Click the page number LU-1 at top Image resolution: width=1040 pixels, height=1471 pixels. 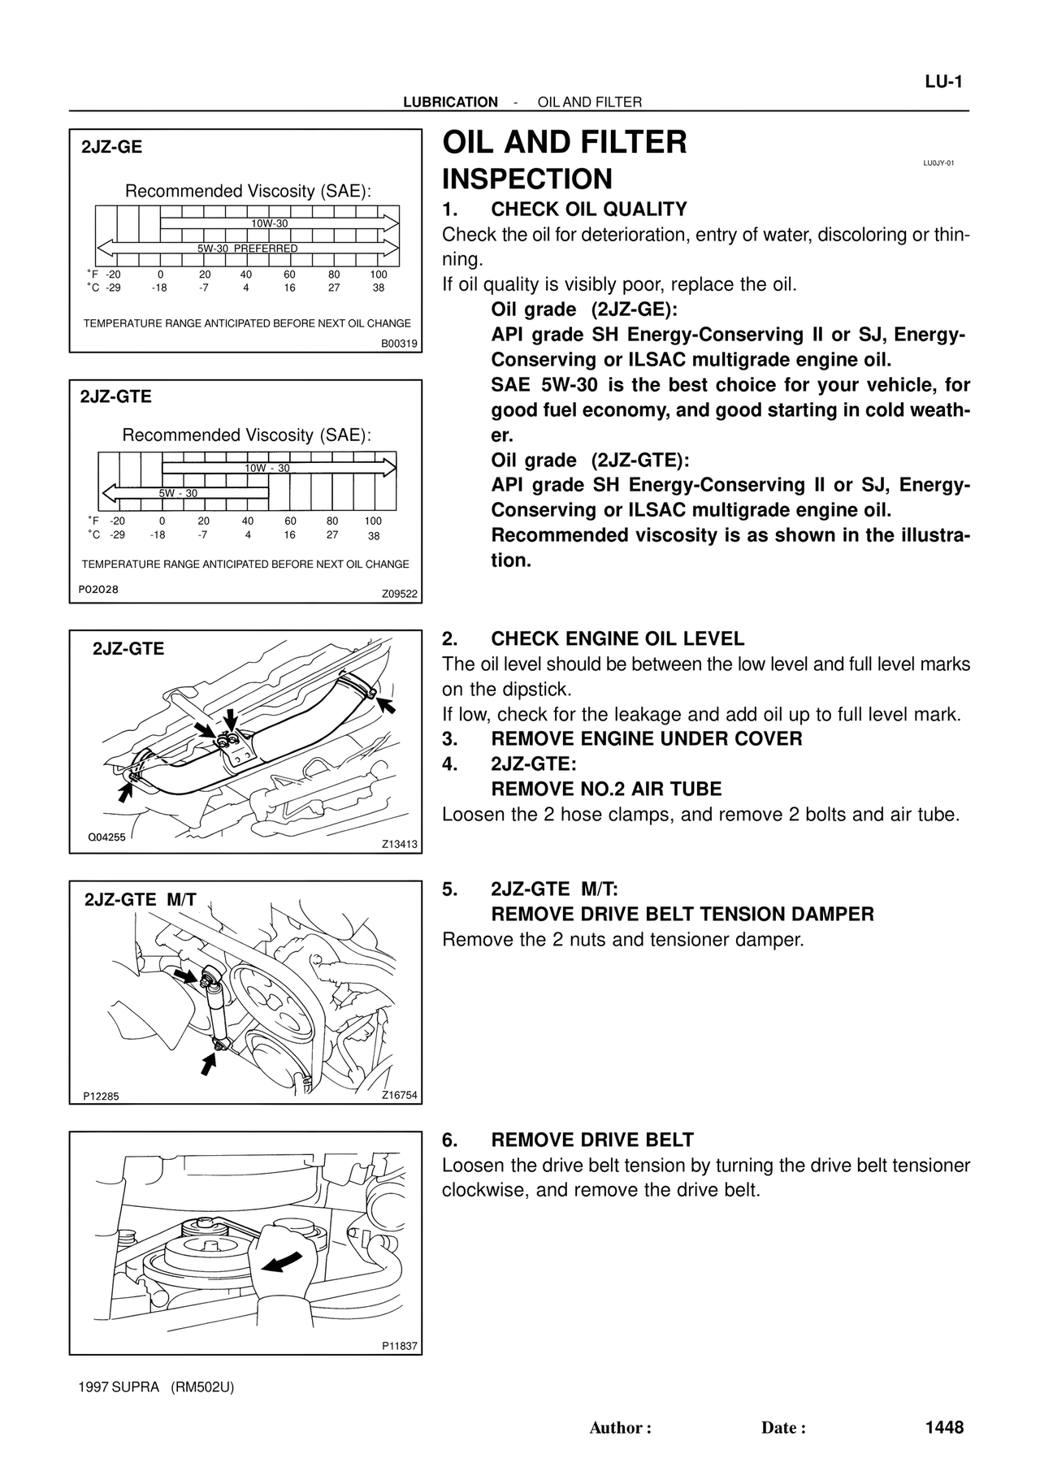click(x=943, y=82)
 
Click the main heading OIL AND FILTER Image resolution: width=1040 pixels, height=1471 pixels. click(x=564, y=143)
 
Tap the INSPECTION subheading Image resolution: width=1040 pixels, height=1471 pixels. click(x=526, y=179)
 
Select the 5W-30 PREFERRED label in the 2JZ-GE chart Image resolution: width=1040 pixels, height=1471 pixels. click(x=247, y=249)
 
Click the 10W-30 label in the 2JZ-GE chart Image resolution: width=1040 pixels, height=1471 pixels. click(x=269, y=223)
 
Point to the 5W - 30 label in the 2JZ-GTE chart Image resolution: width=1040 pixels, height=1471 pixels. click(x=178, y=493)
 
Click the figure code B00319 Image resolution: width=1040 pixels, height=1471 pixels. click(x=399, y=344)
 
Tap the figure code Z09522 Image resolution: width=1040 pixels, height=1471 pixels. click(x=399, y=594)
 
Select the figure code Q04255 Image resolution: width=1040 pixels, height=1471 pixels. click(x=106, y=837)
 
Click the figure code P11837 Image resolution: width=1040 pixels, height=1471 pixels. click(x=399, y=1346)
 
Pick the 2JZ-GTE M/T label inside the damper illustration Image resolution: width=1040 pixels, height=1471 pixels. click(x=141, y=900)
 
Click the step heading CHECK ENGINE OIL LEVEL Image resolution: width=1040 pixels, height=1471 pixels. click(x=617, y=639)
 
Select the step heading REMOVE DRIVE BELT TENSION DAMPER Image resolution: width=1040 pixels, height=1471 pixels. click(x=682, y=915)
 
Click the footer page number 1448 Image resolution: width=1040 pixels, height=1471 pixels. click(x=943, y=1428)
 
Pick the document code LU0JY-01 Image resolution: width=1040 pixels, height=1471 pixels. click(x=938, y=163)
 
